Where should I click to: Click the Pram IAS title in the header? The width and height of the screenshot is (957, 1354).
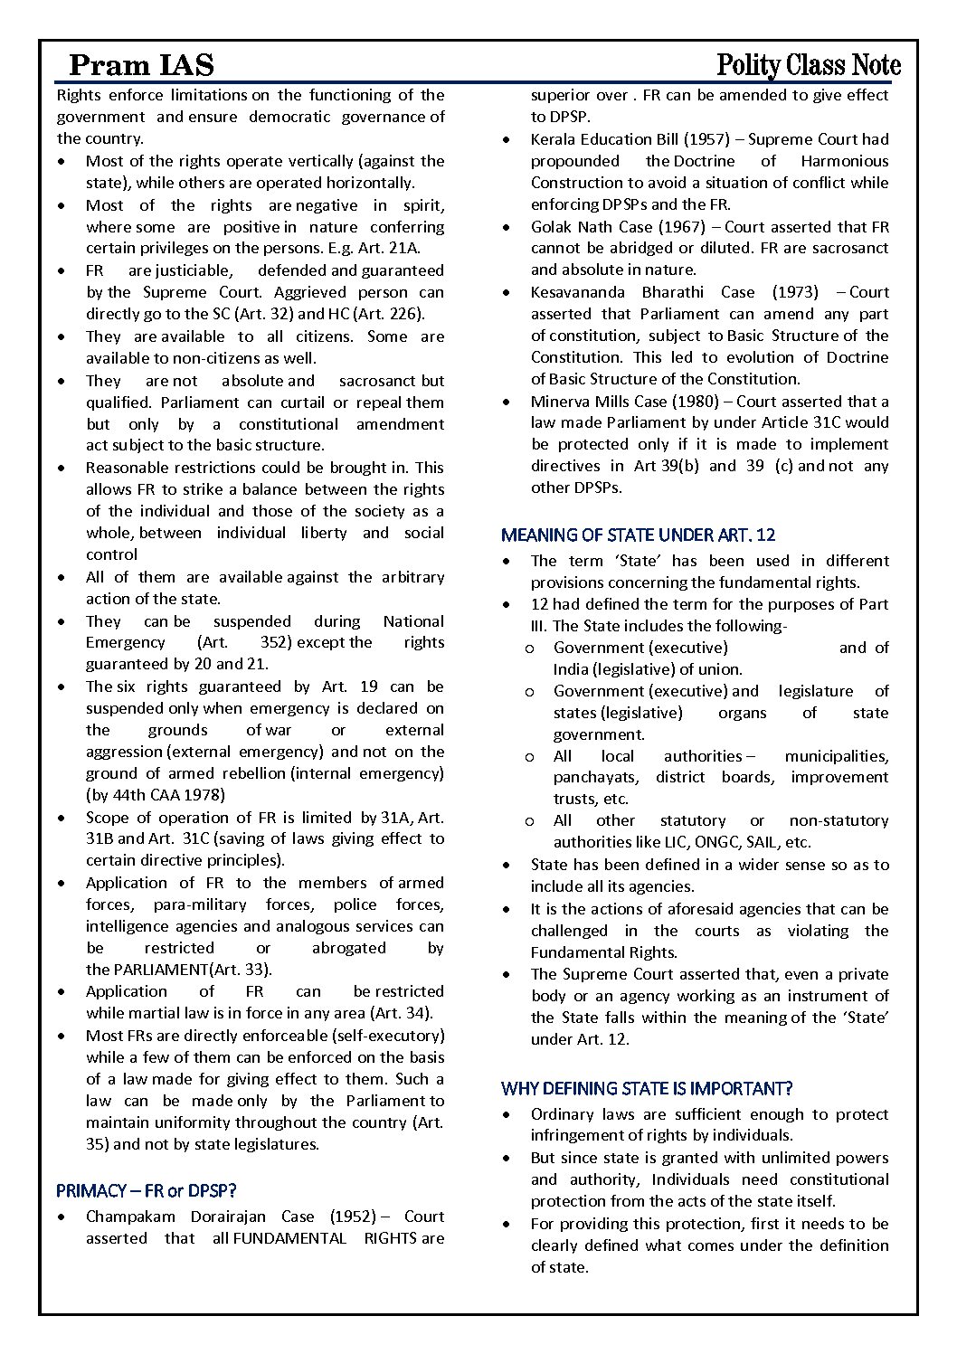[x=141, y=65]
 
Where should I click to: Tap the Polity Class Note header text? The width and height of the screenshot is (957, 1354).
[x=808, y=65]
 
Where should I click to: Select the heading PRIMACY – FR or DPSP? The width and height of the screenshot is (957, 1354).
[x=146, y=1190]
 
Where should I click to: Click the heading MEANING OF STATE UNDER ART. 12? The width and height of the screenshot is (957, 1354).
[x=638, y=535]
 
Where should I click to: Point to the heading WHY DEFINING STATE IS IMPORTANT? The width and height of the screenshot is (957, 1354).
[x=647, y=1088]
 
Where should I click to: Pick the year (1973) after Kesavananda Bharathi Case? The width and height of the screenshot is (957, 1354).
[x=795, y=292]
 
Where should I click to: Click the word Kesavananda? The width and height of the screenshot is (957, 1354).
[x=577, y=292]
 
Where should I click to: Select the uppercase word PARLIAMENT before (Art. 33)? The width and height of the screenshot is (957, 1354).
[x=162, y=970]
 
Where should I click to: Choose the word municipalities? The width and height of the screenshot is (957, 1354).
[x=837, y=756]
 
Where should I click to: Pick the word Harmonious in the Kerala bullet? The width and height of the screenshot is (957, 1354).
[x=845, y=161]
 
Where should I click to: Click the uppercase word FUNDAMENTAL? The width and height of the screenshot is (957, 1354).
[x=289, y=1238]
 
